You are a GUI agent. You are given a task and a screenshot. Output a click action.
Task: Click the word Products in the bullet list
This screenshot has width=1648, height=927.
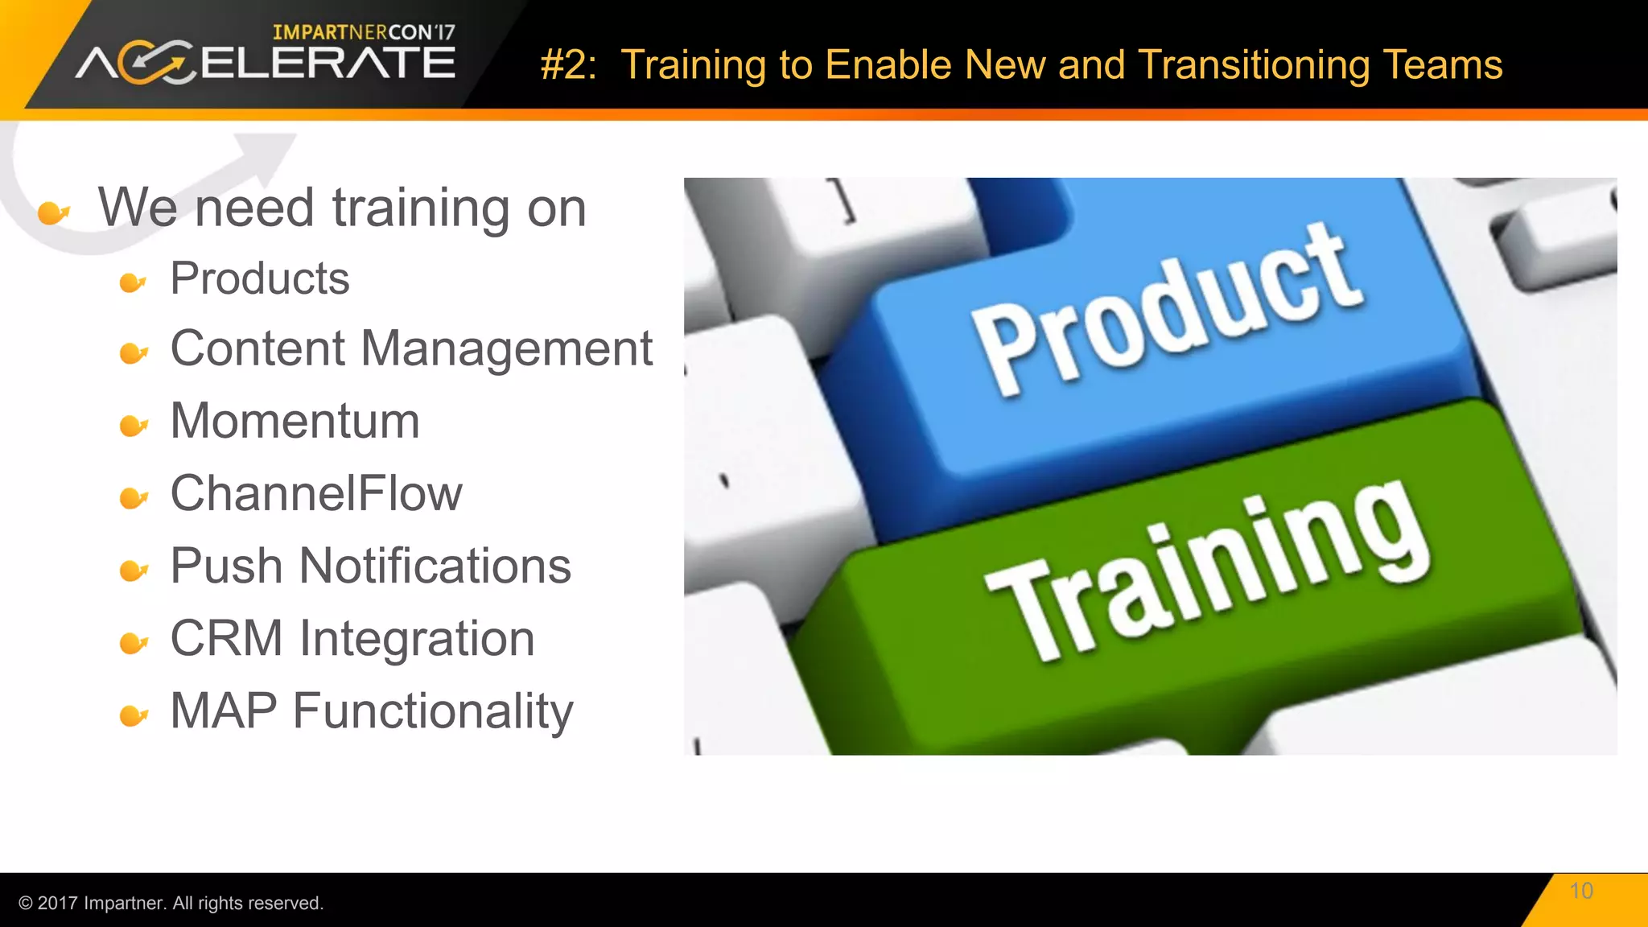[259, 279]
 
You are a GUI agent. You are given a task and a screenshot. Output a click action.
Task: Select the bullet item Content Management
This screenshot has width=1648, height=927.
[411, 349]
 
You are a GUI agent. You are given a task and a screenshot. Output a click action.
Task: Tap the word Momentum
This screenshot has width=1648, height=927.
[295, 421]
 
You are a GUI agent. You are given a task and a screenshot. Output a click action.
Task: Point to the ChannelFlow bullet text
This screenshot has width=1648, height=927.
[316, 493]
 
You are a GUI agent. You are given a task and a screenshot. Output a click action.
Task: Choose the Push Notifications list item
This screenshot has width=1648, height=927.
[370, 566]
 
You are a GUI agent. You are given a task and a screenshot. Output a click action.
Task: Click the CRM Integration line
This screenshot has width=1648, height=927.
[352, 639]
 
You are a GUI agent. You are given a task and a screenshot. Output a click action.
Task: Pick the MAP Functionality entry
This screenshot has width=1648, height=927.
[372, 711]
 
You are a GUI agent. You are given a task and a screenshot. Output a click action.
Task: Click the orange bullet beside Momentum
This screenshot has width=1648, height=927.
[133, 425]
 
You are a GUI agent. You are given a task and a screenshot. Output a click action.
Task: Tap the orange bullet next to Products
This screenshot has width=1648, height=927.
[133, 282]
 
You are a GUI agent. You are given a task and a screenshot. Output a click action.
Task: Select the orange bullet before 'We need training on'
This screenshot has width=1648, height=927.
[53, 212]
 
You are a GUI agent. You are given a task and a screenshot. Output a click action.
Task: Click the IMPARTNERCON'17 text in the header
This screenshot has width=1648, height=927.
[364, 32]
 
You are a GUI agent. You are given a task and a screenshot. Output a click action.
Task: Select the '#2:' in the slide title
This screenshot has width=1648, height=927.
[568, 65]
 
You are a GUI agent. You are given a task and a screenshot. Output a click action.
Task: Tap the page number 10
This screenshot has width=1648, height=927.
[1581, 891]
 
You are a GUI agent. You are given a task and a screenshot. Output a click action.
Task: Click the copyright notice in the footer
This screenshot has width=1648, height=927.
[171, 903]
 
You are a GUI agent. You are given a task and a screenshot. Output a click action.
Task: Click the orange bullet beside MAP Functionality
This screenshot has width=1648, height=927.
[133, 715]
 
